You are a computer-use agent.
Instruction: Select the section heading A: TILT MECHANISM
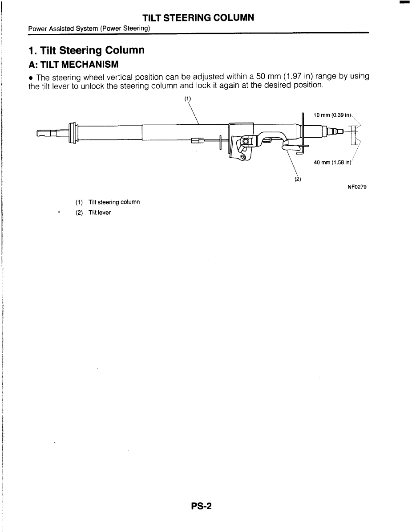(x=74, y=65)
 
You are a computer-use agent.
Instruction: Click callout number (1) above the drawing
(x=188, y=98)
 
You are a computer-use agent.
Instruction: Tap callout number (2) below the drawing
(x=298, y=180)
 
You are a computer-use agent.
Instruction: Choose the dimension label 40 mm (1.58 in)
(x=332, y=163)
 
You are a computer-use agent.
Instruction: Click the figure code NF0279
(x=357, y=187)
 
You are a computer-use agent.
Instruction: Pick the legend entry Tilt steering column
(x=114, y=202)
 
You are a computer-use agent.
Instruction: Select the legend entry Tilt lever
(x=100, y=213)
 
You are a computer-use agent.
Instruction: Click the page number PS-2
(x=199, y=506)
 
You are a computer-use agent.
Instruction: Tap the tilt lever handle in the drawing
(x=292, y=145)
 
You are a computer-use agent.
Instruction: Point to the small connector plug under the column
(x=197, y=141)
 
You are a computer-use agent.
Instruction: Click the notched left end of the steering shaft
(x=44, y=133)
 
